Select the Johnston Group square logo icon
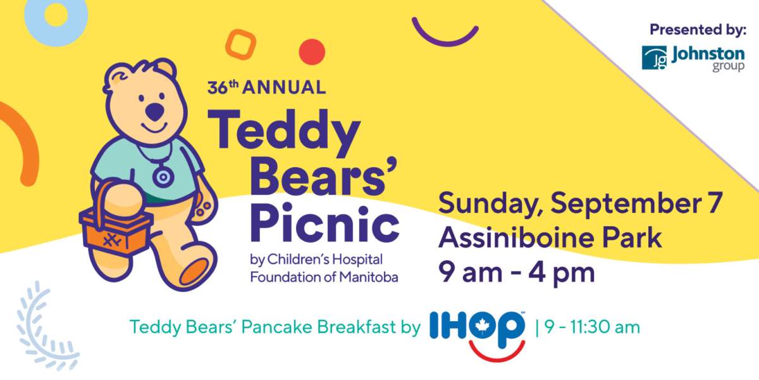point(654,58)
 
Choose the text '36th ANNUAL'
point(266,87)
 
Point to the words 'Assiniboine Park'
point(550,238)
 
